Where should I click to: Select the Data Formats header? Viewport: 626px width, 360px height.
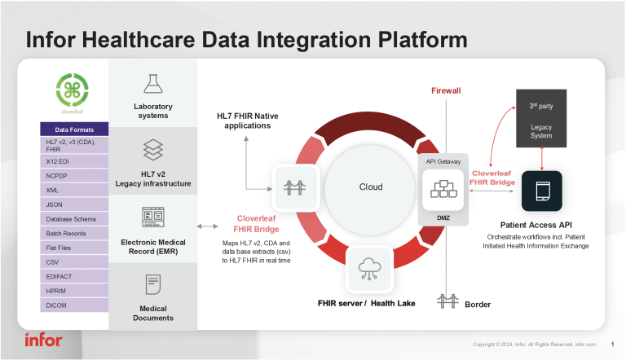tap(73, 130)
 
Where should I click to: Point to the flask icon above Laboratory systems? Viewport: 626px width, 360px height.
tap(152, 83)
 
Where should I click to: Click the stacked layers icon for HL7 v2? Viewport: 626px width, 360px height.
tap(152, 149)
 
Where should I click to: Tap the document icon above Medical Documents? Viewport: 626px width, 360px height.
tap(152, 284)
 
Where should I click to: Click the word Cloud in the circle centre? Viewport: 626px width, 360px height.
tap(371, 187)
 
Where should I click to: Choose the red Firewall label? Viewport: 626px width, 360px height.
tap(446, 90)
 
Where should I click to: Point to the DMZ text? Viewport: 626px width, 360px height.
tap(443, 217)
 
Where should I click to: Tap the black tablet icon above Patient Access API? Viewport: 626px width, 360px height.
tap(541, 191)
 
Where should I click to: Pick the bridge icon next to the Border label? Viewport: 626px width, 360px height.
tap(446, 301)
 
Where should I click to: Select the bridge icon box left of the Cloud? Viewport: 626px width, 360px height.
tap(293, 187)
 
